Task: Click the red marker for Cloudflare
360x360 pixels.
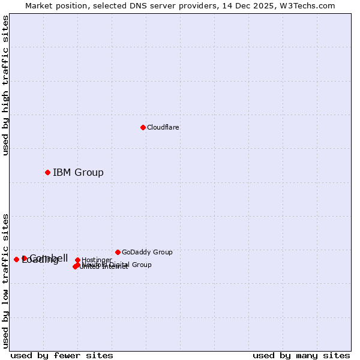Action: (x=143, y=127)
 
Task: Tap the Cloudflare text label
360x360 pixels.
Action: (x=163, y=127)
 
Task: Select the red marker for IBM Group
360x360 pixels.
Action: (x=47, y=172)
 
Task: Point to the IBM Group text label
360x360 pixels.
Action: (x=78, y=173)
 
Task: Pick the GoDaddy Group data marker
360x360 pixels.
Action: (x=118, y=252)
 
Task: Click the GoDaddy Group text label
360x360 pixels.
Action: (x=147, y=252)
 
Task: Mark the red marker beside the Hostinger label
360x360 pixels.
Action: (x=77, y=260)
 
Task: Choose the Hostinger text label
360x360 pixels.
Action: (x=97, y=260)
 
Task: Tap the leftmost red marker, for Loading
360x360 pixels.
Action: (x=16, y=259)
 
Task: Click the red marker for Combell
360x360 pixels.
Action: (x=24, y=258)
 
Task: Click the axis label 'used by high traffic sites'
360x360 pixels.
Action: (x=5, y=85)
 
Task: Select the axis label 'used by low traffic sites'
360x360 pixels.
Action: (x=5, y=280)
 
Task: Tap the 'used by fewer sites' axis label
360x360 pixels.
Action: (x=62, y=355)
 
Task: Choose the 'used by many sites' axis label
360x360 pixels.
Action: (x=301, y=355)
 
